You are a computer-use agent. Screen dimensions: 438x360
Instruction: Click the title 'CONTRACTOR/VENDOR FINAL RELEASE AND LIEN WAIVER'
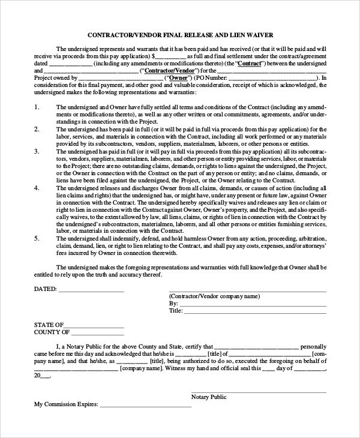pyautogui.click(x=180, y=35)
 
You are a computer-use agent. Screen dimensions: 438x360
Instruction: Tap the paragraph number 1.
pyautogui.click(x=37, y=106)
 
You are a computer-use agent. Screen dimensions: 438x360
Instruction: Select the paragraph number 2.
pyautogui.click(x=37, y=129)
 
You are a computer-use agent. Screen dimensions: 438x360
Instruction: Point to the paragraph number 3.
pyautogui.click(x=37, y=152)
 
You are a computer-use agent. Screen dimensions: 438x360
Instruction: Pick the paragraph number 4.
pyautogui.click(x=37, y=188)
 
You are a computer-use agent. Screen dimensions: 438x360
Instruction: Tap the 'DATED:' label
pyautogui.click(x=46, y=289)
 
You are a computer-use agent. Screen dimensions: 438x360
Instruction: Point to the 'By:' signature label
pyautogui.click(x=174, y=304)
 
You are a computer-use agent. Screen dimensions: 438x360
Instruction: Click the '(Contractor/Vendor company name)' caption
pyautogui.click(x=214, y=296)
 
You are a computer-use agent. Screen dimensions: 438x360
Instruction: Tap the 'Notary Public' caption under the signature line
pyautogui.click(x=209, y=397)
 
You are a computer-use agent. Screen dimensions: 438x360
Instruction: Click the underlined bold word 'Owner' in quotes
pyautogui.click(x=178, y=78)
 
